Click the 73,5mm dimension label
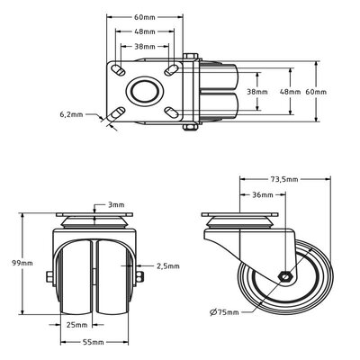coord(284,179)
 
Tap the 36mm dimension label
coord(263,195)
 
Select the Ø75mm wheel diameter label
coord(224,312)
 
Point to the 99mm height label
coord(22,263)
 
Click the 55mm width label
coord(94,342)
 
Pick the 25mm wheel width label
coord(77,325)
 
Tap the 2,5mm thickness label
coord(168,265)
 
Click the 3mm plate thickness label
coord(116,205)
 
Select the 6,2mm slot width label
coord(71,114)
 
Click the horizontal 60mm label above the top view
coord(145,17)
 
